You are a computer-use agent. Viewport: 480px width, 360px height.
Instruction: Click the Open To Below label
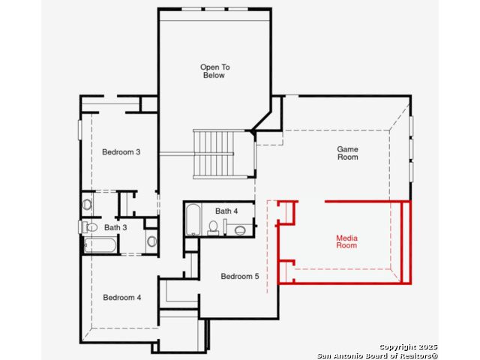pos(215,71)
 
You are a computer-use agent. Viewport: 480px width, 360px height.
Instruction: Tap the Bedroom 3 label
pos(121,151)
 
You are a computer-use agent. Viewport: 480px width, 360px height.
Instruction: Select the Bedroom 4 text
pos(121,297)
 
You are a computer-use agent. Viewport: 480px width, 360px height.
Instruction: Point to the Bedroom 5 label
pos(240,276)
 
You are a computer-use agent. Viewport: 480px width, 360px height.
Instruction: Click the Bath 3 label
pos(115,227)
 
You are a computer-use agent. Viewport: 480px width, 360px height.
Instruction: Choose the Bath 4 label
pos(226,211)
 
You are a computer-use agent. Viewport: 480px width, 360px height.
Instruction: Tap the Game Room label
pos(347,153)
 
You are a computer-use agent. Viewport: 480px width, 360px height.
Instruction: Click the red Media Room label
pos(346,241)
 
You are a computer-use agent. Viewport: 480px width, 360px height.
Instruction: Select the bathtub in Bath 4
pos(193,220)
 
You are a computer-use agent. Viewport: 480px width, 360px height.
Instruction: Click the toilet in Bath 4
pos(213,228)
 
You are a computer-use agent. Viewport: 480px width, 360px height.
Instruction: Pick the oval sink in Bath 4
pos(240,230)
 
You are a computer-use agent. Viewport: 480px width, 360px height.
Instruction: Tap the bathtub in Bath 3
pos(100,245)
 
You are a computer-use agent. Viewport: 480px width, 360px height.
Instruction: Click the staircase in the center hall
pos(214,154)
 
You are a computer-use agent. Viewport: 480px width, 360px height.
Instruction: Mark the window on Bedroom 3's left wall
pos(80,130)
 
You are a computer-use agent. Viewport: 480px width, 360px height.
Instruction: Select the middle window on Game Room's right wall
pos(411,149)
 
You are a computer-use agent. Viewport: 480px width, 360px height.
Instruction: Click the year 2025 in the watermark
pos(427,346)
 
